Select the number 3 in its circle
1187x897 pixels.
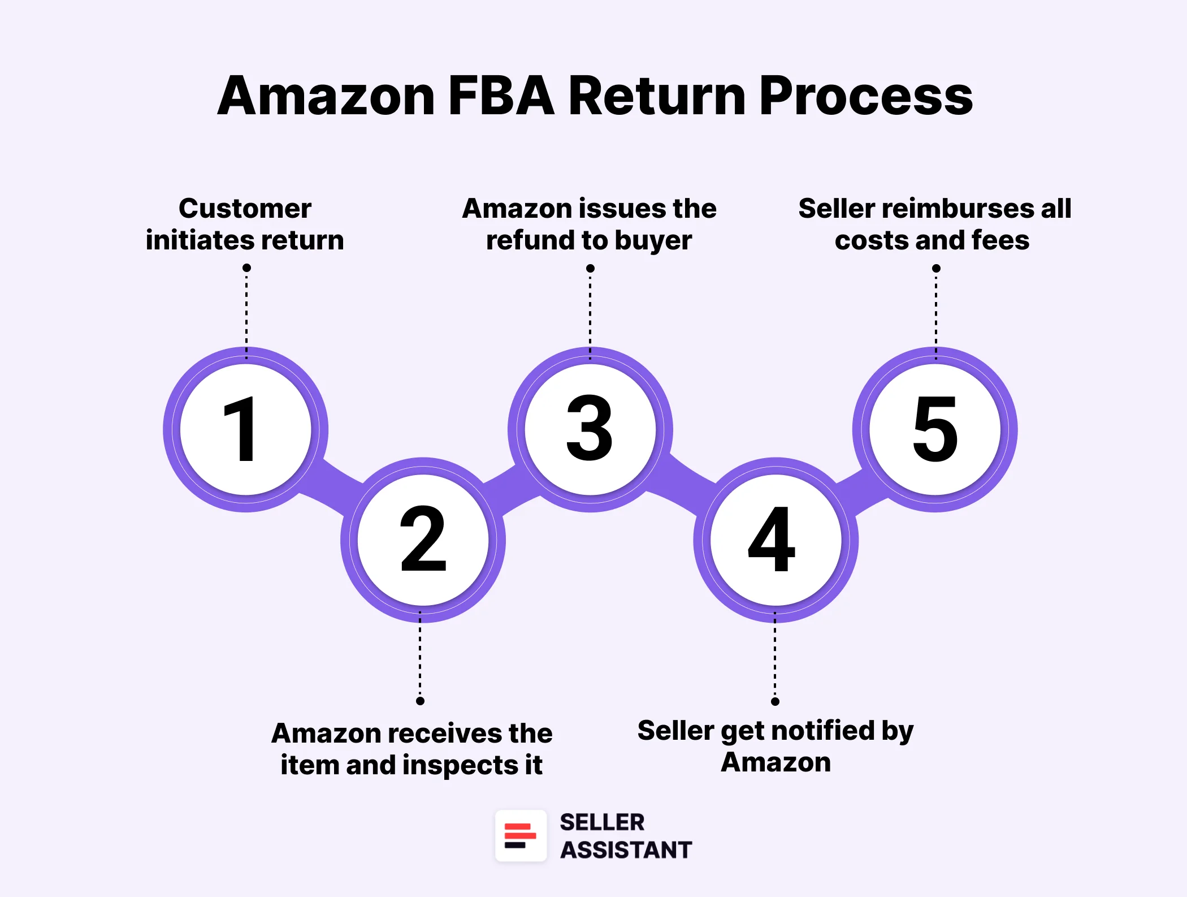click(590, 428)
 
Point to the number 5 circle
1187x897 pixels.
click(935, 428)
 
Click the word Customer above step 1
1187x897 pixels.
click(245, 209)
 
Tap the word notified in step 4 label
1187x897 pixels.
click(815, 731)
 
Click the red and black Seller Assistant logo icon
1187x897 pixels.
click(521, 836)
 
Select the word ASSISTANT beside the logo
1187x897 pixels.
click(626, 850)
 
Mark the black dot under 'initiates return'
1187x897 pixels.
click(246, 268)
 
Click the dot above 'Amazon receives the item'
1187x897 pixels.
click(420, 701)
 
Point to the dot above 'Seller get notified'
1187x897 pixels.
click(775, 701)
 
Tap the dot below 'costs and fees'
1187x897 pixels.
click(936, 268)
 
